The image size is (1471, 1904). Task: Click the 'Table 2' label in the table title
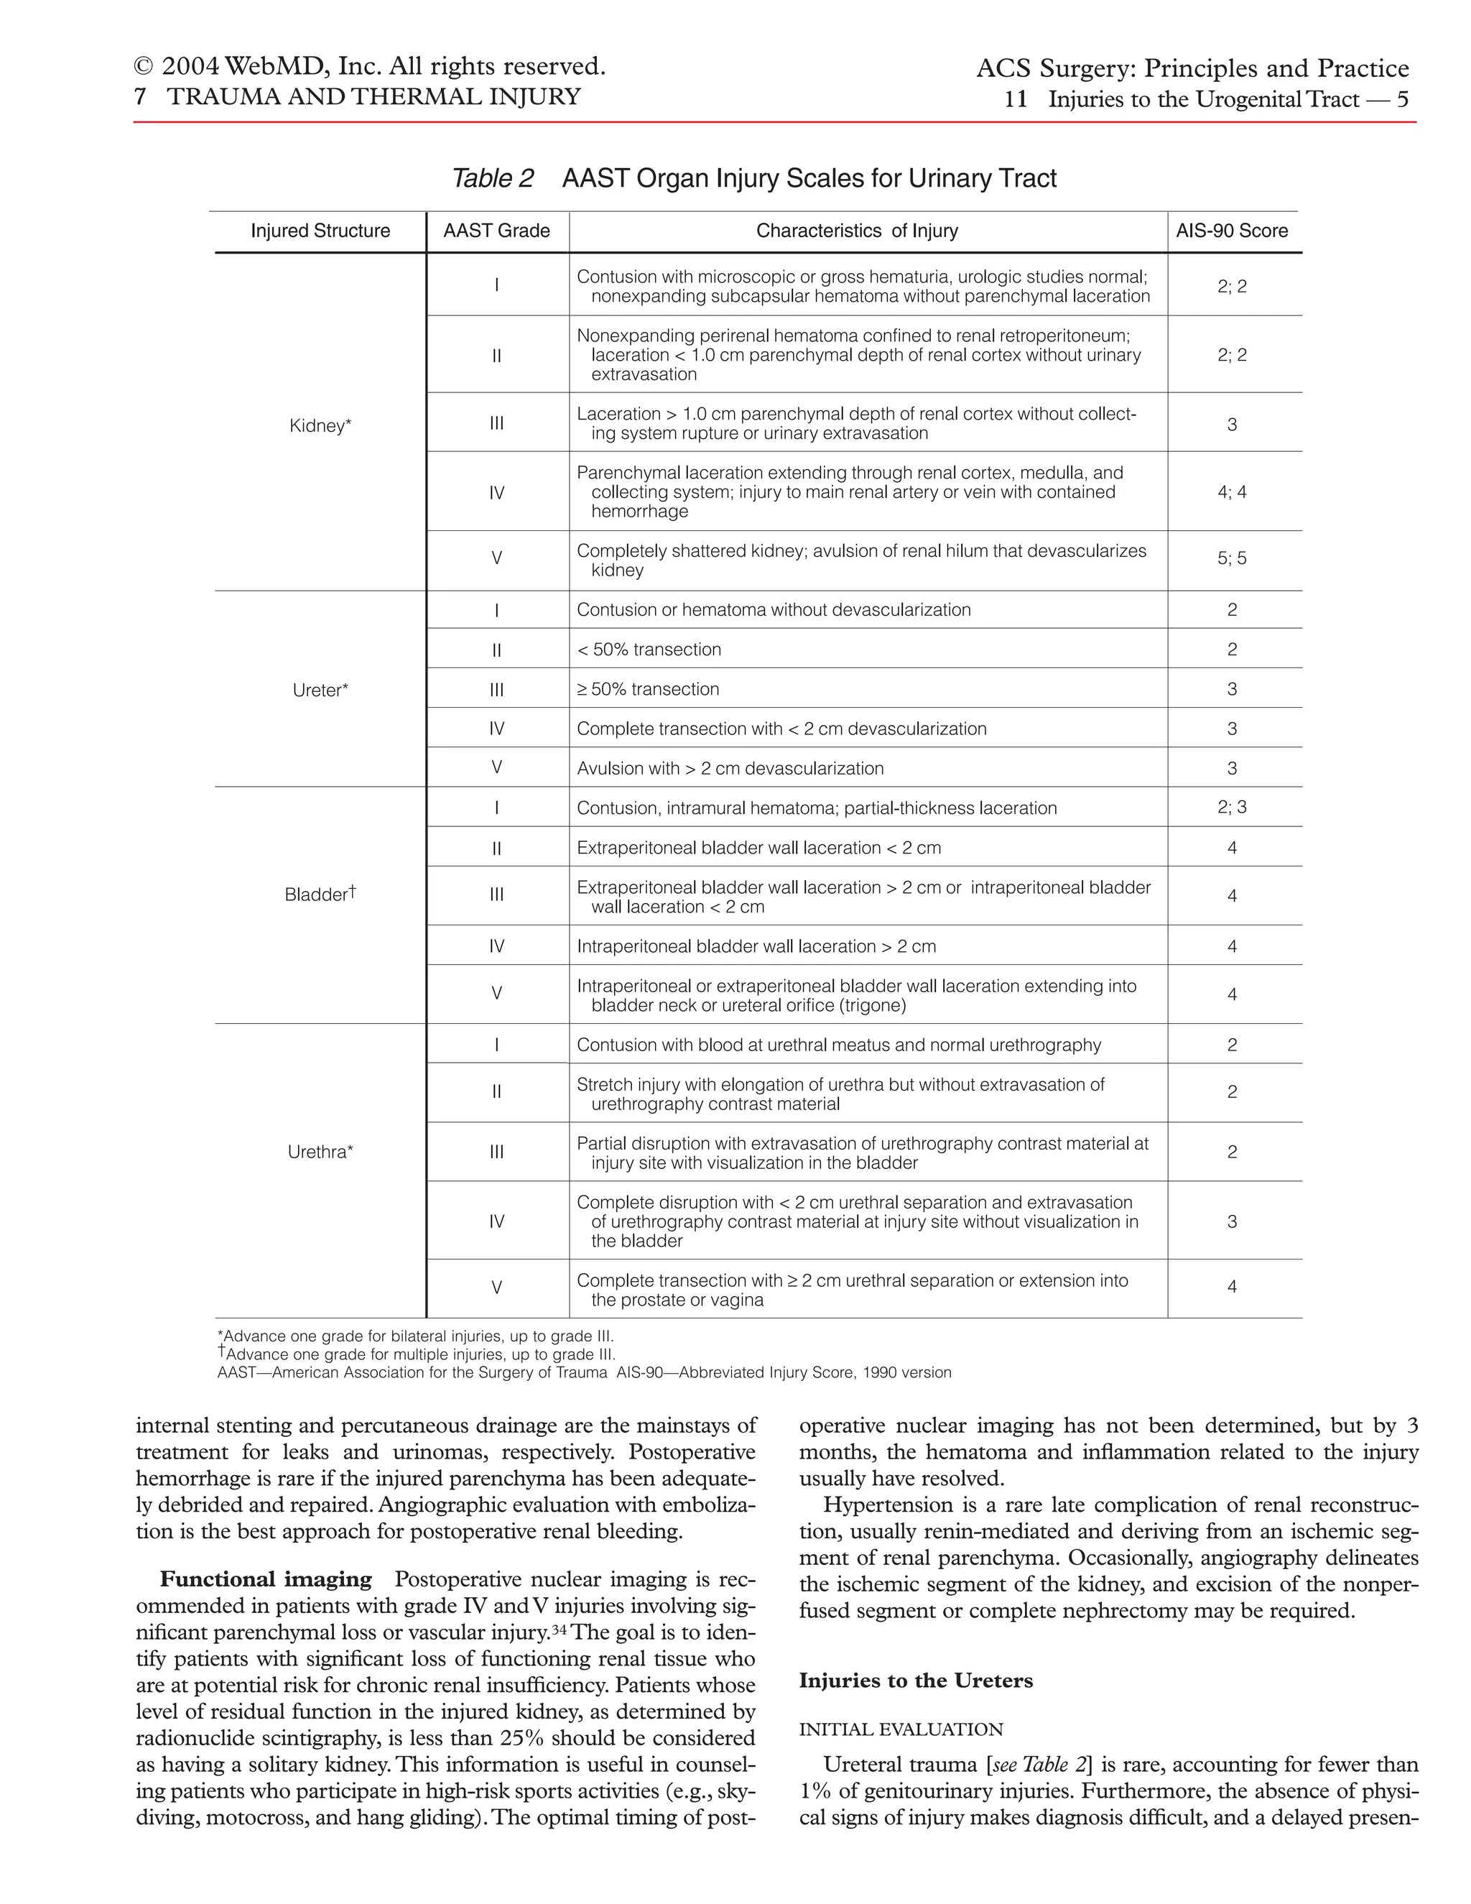tap(492, 179)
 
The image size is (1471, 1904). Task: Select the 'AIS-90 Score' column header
tap(1231, 231)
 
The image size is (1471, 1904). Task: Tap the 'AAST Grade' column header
tap(497, 231)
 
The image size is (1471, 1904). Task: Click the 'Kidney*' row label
tap(320, 425)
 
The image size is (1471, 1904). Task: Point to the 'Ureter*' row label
tap(320, 690)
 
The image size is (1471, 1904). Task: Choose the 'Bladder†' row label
tap(320, 895)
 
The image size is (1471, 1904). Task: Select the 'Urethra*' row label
tap(320, 1152)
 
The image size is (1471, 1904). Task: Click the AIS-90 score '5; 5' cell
tap(1231, 558)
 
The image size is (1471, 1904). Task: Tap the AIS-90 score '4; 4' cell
tap(1231, 491)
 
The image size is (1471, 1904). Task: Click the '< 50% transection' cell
tap(649, 650)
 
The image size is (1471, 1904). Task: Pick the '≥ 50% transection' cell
tap(649, 690)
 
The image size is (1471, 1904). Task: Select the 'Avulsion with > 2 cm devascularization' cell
tap(730, 768)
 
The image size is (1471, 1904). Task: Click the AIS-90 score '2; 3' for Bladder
tap(1231, 808)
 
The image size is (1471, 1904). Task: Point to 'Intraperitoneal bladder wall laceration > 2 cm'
tap(756, 947)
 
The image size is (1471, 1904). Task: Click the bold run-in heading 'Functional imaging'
tap(266, 1580)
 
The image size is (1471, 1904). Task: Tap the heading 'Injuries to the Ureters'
tap(916, 1681)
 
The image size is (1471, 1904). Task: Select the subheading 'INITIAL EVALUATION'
tap(901, 1729)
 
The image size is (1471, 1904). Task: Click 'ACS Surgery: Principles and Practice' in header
tap(1192, 68)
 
